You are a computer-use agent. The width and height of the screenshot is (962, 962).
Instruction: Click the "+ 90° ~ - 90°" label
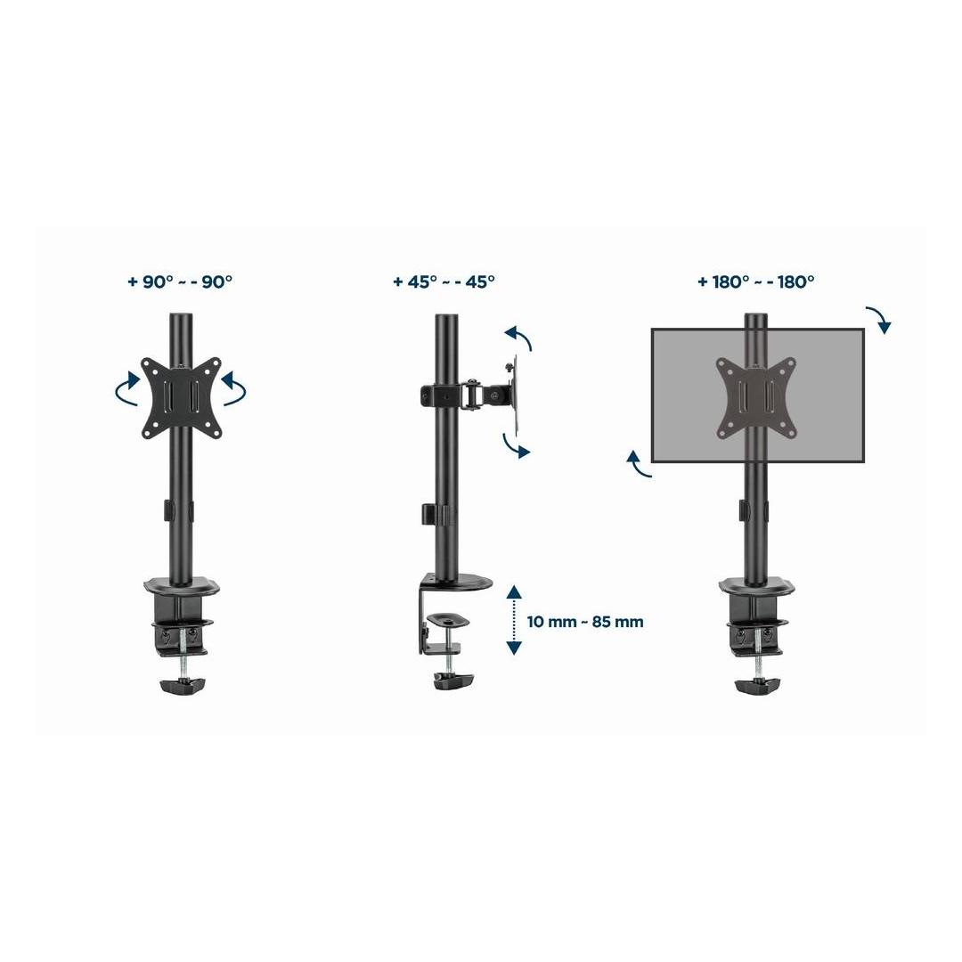click(180, 281)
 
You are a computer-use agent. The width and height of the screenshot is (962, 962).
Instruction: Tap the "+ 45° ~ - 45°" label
click(444, 281)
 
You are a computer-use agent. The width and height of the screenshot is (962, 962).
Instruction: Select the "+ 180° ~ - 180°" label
click(756, 281)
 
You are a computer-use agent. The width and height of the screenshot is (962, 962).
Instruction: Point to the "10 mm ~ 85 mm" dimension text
click(585, 622)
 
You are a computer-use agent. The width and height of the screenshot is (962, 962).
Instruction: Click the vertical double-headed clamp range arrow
click(514, 620)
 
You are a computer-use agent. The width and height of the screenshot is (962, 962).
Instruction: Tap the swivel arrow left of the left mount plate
click(127, 389)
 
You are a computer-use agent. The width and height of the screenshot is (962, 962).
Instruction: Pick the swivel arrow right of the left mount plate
click(234, 389)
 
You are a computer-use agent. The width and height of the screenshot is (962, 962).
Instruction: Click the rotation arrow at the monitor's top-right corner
click(881, 318)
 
